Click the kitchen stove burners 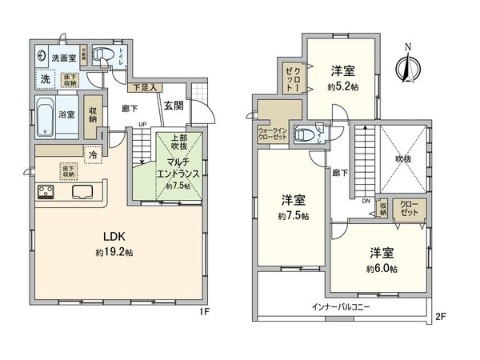point(44,192)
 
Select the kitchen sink point(83,192)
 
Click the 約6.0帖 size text point(378,268)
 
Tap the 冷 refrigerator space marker point(93,155)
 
